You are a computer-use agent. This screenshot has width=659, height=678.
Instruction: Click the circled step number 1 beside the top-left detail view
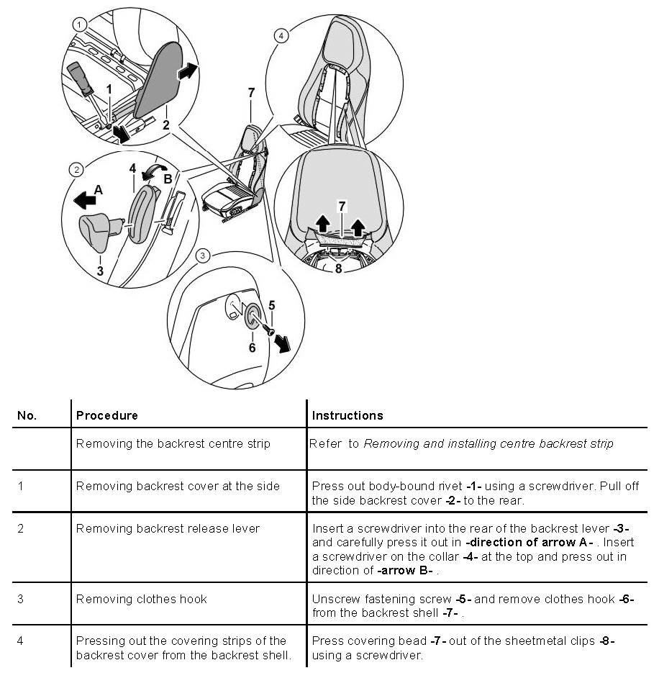coord(78,24)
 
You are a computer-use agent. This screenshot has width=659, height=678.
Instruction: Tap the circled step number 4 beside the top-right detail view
coord(281,34)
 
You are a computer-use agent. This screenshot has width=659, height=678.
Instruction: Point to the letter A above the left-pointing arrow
coord(99,190)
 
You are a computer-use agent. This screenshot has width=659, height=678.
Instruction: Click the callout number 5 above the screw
coord(271,304)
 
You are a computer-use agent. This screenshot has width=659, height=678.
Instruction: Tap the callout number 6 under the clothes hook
coord(252,348)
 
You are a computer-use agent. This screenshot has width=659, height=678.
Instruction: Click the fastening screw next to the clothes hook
coord(268,329)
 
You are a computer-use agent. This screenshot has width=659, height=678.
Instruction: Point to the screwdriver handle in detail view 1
coord(79,75)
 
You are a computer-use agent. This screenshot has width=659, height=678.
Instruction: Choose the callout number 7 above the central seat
coord(251,92)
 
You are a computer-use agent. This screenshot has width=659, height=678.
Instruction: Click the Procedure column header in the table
coord(107,415)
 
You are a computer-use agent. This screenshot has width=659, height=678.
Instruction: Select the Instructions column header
coord(347,415)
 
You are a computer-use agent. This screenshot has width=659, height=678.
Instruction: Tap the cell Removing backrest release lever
coord(168,528)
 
